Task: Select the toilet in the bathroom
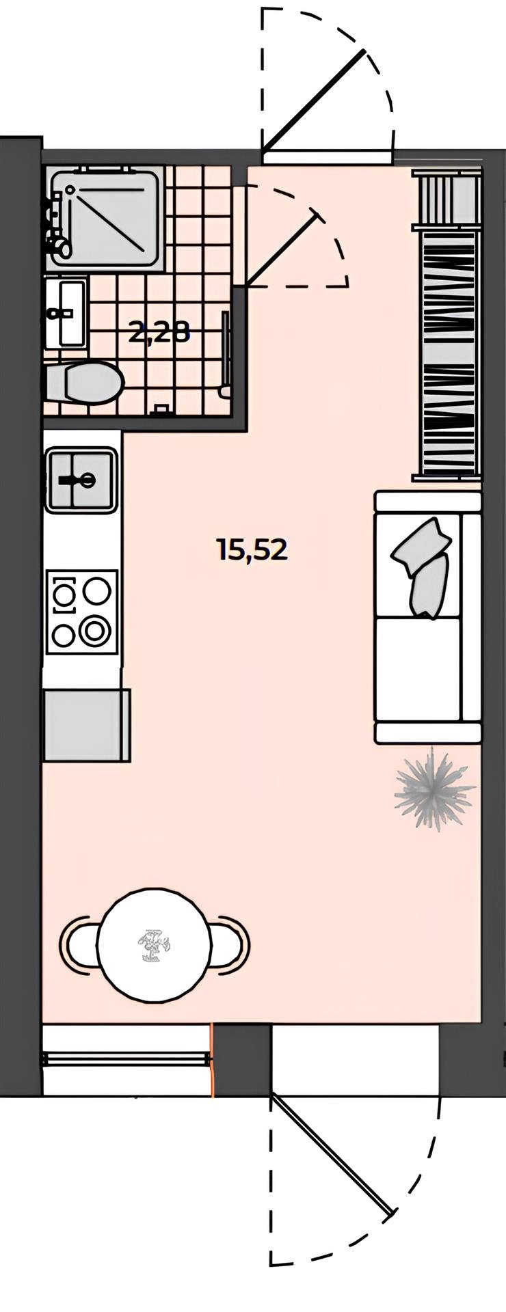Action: click(x=83, y=383)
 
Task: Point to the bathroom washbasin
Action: click(x=66, y=313)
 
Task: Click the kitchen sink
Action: click(x=81, y=480)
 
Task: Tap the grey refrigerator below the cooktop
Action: click(x=86, y=725)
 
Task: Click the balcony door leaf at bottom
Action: click(x=332, y=1154)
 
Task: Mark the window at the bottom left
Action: click(x=126, y=1058)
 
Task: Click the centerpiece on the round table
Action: click(x=153, y=946)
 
